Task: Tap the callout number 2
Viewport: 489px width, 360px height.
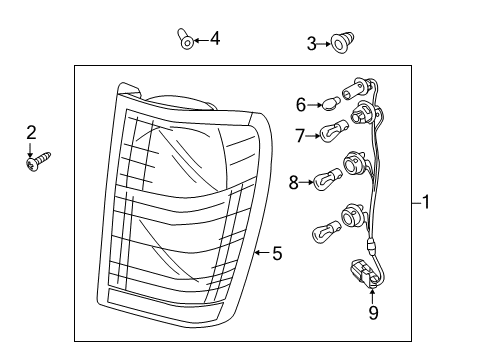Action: (x=31, y=132)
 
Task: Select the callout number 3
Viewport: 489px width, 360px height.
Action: (x=311, y=43)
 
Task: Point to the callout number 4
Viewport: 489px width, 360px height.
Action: (x=214, y=39)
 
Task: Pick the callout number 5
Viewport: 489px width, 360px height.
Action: (x=277, y=254)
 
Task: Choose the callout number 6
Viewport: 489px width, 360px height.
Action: (x=300, y=104)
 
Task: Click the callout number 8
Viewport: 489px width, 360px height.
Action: (x=294, y=182)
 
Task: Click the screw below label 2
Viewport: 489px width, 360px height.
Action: (x=38, y=158)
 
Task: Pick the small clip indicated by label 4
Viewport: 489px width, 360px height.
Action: (x=185, y=40)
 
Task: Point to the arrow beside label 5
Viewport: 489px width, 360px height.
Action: (x=262, y=254)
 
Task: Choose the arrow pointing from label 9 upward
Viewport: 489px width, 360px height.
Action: (x=373, y=293)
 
